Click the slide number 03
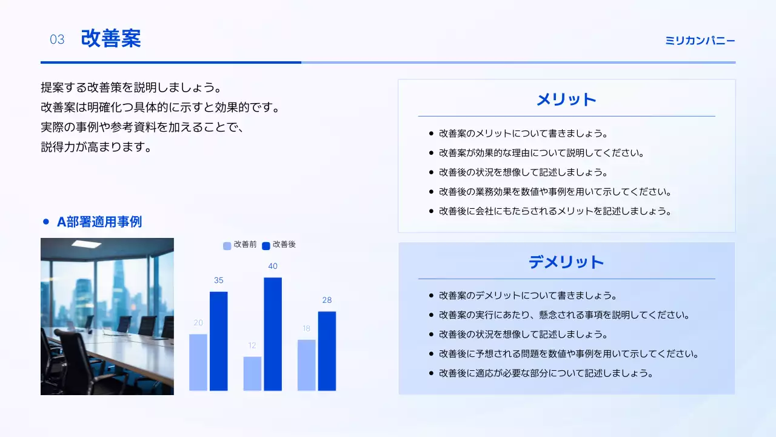[57, 40]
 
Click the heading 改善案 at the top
[111, 39]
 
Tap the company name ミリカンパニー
[700, 41]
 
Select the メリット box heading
[566, 100]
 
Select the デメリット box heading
[566, 262]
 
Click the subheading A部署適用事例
[99, 222]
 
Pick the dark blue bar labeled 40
[273, 334]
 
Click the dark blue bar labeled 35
[219, 341]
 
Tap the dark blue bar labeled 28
[327, 351]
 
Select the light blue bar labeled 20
[198, 362]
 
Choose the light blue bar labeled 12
[252, 373]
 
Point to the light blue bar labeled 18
[306, 365]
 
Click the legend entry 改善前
[241, 245]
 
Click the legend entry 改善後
[279, 245]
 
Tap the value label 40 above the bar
[273, 266]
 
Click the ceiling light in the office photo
[86, 244]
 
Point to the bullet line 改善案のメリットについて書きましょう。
[523, 134]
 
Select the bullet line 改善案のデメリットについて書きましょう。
[527, 296]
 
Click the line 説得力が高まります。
[96, 147]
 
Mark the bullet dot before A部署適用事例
[45, 222]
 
